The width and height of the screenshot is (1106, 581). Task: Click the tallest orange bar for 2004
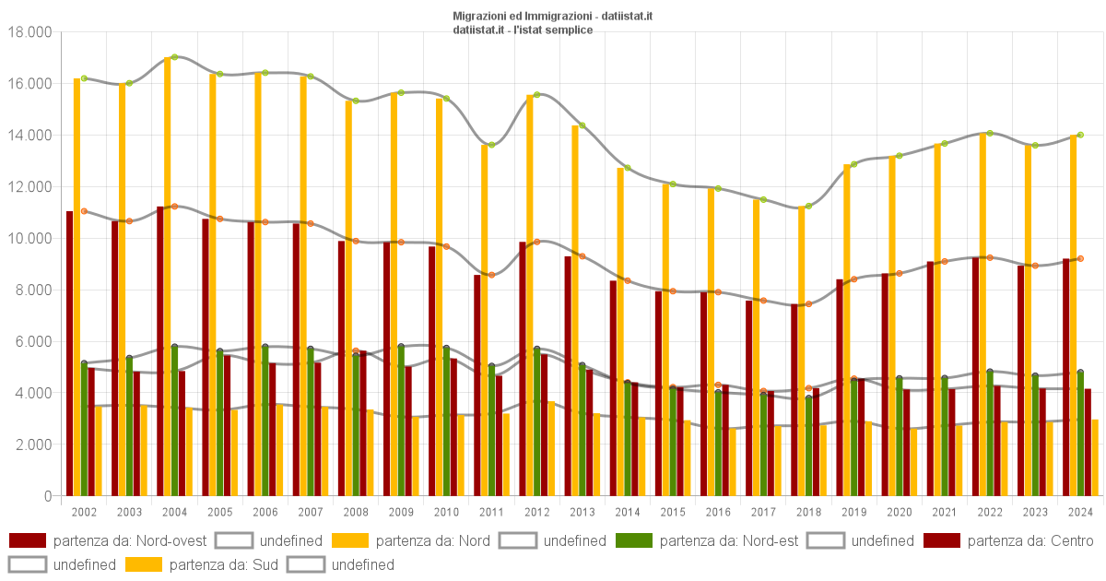[x=167, y=277]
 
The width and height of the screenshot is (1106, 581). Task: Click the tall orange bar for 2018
[x=801, y=350]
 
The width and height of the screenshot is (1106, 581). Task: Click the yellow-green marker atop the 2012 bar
[x=536, y=94]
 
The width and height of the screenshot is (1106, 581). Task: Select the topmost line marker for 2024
[x=1080, y=135]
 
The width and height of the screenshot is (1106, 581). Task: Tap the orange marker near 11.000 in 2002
[x=84, y=211]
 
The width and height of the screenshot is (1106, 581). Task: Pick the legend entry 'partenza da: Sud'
[x=176, y=564]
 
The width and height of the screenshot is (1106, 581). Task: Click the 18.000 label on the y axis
[x=29, y=32]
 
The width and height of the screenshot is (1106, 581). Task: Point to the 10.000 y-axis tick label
[x=29, y=239]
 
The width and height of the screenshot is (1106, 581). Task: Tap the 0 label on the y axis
[x=48, y=496]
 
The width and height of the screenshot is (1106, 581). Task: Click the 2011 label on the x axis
[x=491, y=512]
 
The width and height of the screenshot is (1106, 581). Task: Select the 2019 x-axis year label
[x=853, y=512]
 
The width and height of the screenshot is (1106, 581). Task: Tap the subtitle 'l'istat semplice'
[x=553, y=30]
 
